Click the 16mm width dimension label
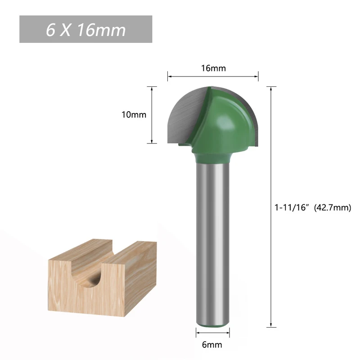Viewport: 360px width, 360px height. click(x=213, y=68)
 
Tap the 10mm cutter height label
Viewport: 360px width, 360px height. click(x=134, y=115)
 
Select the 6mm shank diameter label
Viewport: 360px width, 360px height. click(x=212, y=345)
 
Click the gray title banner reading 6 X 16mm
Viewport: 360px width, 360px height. click(x=85, y=30)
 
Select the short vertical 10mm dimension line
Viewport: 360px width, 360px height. click(x=152, y=115)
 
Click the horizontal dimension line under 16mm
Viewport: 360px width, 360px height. click(x=213, y=76)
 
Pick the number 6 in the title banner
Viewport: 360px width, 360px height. click(x=51, y=30)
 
